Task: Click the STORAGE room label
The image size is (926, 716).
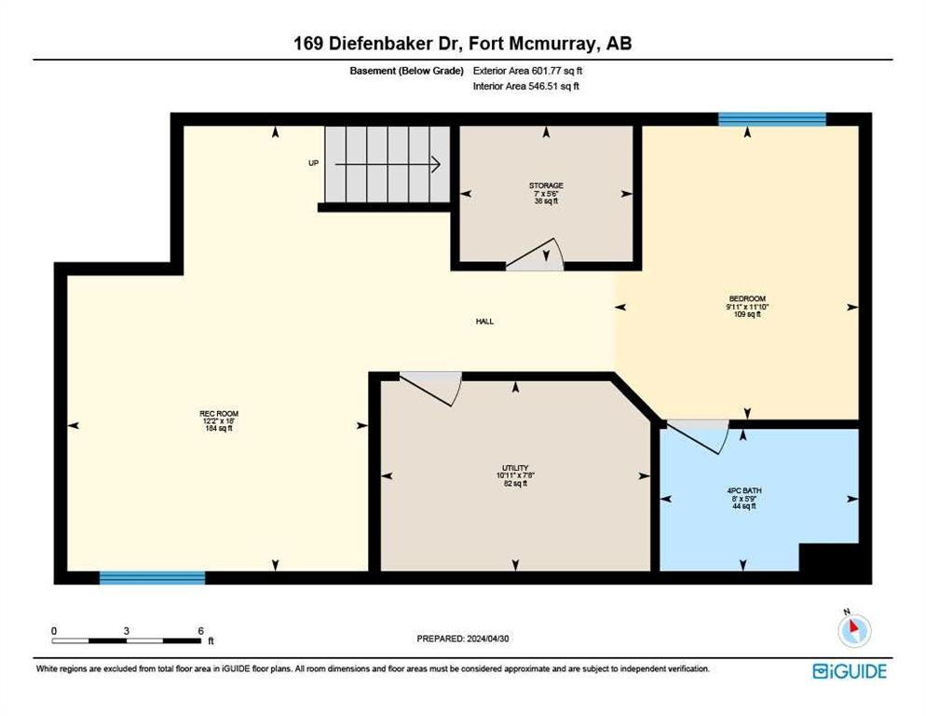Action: point(546,186)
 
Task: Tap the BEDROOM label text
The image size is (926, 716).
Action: point(747,299)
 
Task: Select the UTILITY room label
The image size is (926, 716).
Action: point(515,468)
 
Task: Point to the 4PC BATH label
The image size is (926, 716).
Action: point(744,490)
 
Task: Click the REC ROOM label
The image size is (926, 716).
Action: point(219,414)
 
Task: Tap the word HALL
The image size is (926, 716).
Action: point(484,322)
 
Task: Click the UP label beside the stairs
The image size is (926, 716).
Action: point(314,163)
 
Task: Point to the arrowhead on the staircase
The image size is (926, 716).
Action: point(437,164)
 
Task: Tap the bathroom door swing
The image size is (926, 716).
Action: point(698,436)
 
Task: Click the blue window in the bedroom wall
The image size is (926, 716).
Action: point(772,119)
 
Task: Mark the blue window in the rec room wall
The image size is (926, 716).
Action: point(153,578)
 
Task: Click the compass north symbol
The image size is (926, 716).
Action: point(854,629)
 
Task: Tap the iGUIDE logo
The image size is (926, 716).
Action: point(850,671)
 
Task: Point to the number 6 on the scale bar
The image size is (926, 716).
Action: point(201,631)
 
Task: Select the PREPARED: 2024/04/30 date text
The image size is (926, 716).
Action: point(463,639)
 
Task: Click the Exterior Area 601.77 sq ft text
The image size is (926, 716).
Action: point(528,70)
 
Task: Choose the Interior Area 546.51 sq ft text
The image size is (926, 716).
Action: point(526,86)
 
